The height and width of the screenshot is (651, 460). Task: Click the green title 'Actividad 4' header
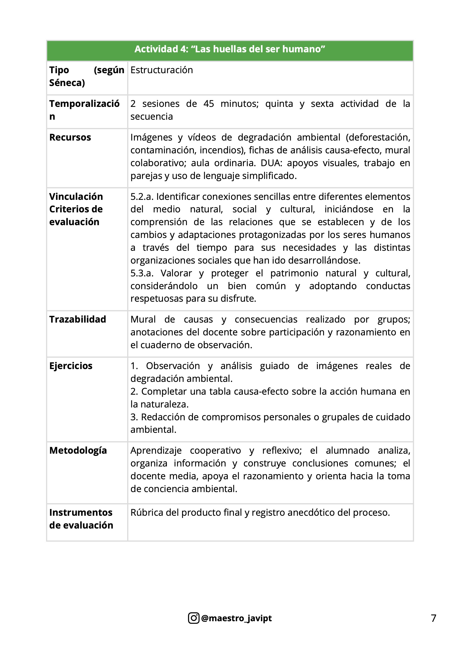[229, 49]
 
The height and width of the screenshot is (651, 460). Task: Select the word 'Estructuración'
[162, 70]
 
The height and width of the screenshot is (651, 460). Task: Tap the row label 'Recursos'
[70, 137]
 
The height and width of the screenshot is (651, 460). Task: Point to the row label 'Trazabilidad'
[77, 319]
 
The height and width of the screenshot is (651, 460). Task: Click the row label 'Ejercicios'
[71, 366]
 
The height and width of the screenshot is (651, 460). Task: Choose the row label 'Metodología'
[78, 450]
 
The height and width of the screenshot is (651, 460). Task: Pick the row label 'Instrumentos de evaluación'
[81, 519]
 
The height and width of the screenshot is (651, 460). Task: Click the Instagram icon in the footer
[194, 618]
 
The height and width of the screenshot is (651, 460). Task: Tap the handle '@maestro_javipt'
[236, 618]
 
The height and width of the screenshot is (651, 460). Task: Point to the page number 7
[433, 618]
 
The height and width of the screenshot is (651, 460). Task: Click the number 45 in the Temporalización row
[209, 104]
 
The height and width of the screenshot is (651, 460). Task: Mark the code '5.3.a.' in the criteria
[142, 273]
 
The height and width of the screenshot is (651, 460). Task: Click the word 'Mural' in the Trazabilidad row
[143, 319]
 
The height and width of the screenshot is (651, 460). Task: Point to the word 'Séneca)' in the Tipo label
[67, 83]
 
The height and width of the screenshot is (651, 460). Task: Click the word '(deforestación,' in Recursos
[378, 137]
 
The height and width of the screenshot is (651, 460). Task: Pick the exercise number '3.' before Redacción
[134, 417]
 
